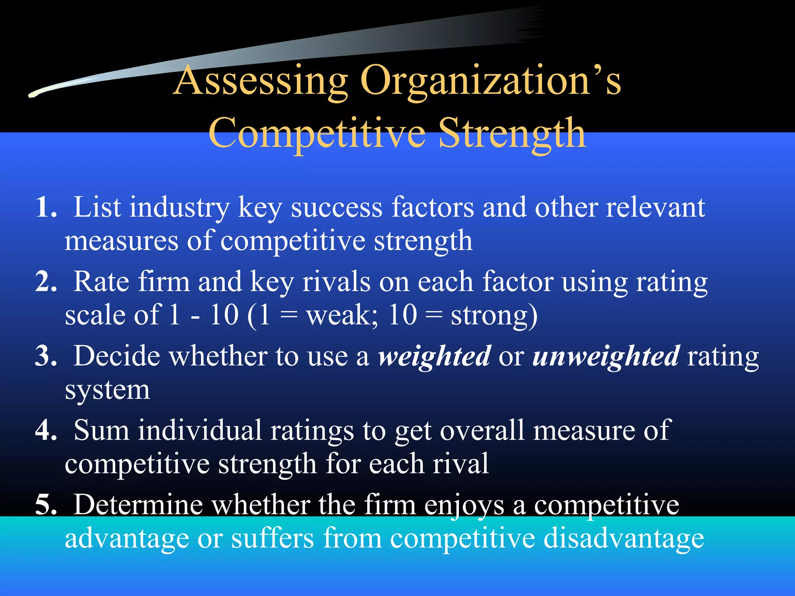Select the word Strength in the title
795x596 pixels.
(512, 134)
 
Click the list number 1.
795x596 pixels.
(46, 208)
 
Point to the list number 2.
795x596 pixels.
(46, 282)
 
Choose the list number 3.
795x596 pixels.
(46, 356)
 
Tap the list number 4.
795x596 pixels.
(46, 431)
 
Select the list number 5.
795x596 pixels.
(46, 505)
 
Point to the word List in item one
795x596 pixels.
(97, 207)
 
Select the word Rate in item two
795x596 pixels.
(101, 282)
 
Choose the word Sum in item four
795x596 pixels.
(101, 431)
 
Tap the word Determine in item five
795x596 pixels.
(138, 505)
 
